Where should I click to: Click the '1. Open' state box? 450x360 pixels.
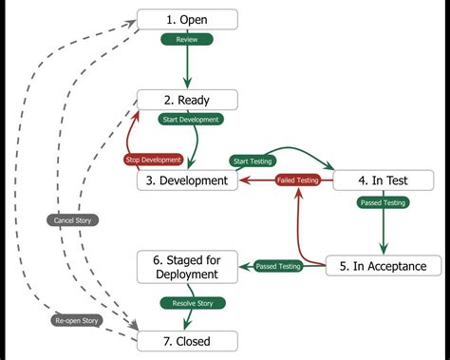tap(187, 19)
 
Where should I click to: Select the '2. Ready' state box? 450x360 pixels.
tap(187, 100)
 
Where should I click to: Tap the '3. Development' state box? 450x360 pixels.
tap(187, 180)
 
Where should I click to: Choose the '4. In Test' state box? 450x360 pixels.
tap(383, 180)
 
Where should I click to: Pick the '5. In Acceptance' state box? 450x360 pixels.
tap(383, 266)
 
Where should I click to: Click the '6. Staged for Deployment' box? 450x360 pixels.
tap(187, 266)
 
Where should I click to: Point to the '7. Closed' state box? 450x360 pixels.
tap(187, 340)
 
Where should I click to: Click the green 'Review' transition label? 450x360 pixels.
tap(187, 40)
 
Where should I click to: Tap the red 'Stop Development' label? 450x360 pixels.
tap(154, 159)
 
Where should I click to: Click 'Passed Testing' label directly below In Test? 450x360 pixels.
tap(383, 202)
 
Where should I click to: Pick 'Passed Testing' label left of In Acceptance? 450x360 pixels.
tap(278, 267)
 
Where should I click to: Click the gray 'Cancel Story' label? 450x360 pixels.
tap(73, 219)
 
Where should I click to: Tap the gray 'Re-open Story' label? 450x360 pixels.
tap(76, 320)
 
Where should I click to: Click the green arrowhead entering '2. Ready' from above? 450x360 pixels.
tap(187, 85)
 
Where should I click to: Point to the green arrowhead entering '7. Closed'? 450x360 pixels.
tap(187, 325)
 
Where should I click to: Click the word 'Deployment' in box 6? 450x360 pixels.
tap(187, 274)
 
